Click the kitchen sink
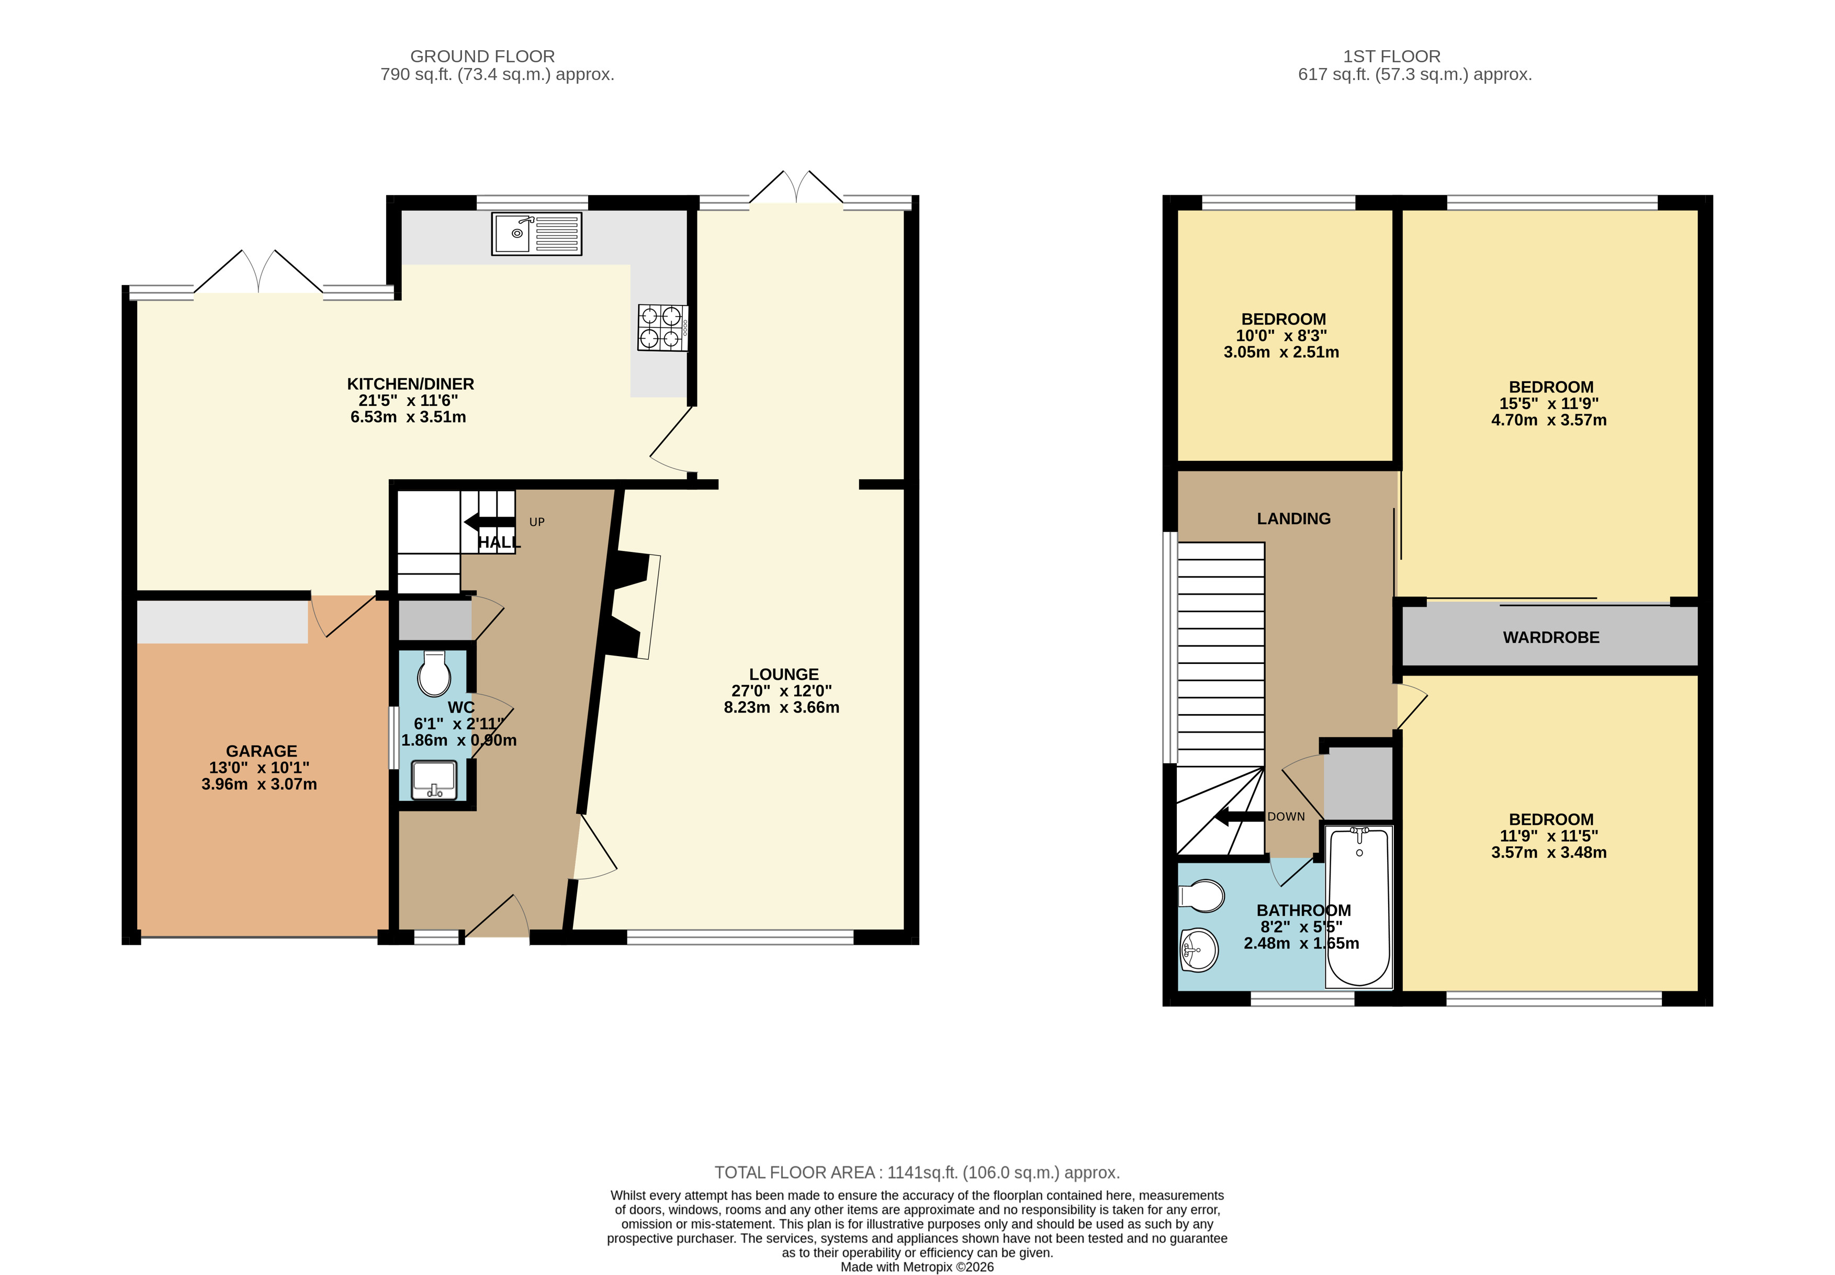(x=536, y=233)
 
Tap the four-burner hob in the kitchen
(x=661, y=328)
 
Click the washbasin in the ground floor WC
(x=434, y=780)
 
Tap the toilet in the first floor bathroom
(x=1203, y=896)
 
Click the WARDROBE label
(x=1550, y=637)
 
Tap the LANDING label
(x=1293, y=518)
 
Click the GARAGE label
(x=261, y=751)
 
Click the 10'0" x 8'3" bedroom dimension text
(x=1281, y=335)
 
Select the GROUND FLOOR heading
(x=482, y=57)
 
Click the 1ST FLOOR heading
(x=1392, y=57)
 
